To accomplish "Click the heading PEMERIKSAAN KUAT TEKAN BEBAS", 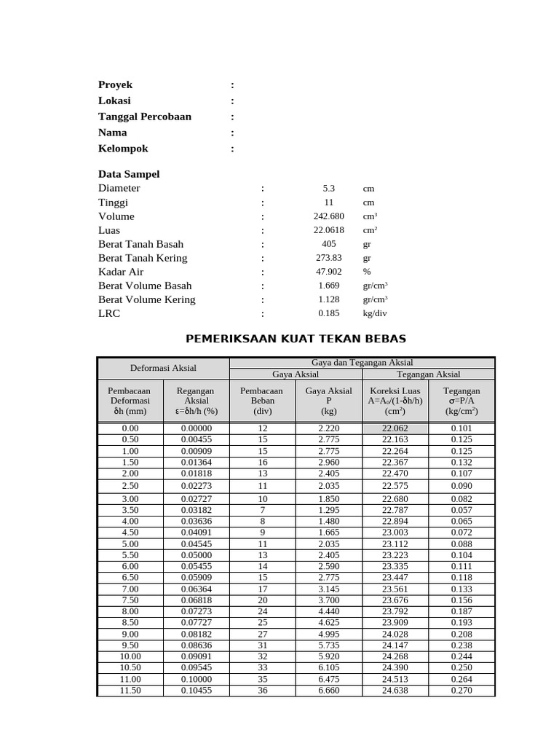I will click(296, 339).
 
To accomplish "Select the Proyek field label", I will click(116, 85).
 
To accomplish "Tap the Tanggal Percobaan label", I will click(145, 117).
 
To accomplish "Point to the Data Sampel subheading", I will click(129, 174).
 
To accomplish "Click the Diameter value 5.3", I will click(328, 188).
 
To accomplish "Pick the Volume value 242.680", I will click(328, 216).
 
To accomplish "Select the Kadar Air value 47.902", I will click(328, 272).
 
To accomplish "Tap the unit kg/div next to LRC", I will click(375, 314).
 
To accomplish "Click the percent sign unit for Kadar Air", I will click(367, 272).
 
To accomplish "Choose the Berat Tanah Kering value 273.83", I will click(328, 258).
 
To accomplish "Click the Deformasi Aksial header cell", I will click(163, 369).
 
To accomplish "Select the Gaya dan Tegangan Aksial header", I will click(362, 362).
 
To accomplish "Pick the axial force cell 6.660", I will click(328, 691).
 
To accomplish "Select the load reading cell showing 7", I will click(262, 510).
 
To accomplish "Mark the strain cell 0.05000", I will click(197, 555).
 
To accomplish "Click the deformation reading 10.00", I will click(130, 656).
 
